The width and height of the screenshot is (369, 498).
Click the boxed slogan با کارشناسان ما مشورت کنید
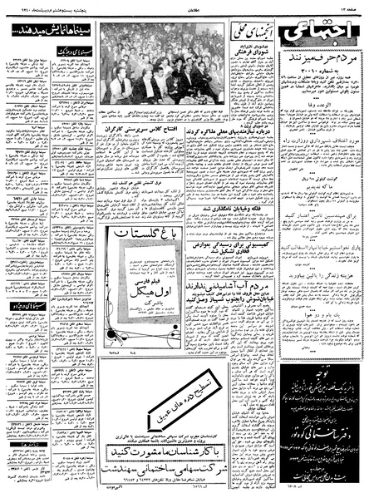pyautogui.click(x=191, y=450)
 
